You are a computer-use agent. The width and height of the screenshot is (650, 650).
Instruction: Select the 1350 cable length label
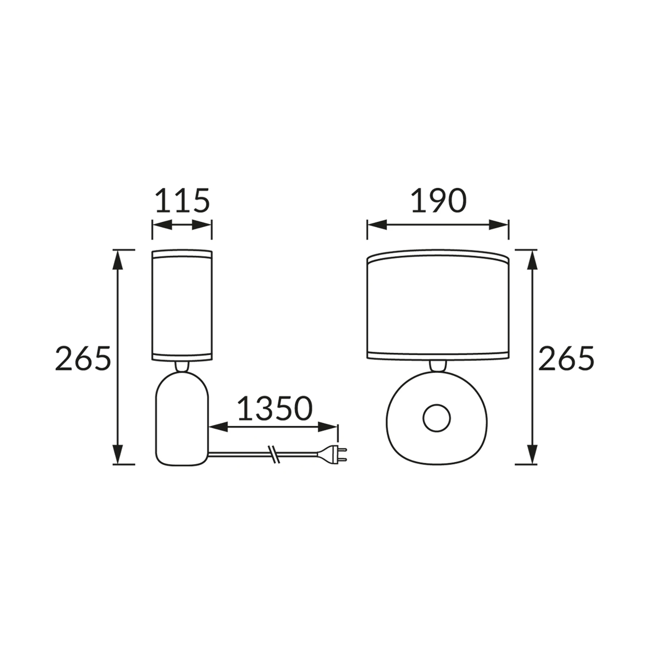[x=274, y=408]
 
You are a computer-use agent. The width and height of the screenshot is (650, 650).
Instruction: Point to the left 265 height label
[x=83, y=358]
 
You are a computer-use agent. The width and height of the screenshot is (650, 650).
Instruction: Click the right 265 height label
[x=566, y=358]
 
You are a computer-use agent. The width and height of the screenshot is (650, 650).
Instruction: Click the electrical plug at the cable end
[x=332, y=454]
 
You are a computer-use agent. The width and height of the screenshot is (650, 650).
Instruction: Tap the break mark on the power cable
[x=274, y=454]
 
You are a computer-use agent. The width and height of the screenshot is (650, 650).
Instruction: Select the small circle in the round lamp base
[x=437, y=418]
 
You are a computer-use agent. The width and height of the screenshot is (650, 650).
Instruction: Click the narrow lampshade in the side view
[x=182, y=305]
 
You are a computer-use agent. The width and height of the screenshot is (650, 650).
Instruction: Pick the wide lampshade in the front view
[x=438, y=305]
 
